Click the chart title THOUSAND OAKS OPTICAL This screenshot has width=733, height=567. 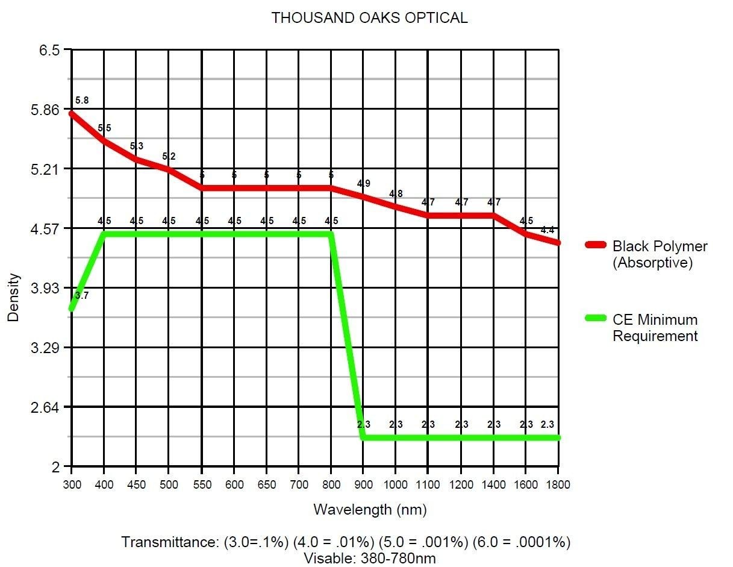[x=369, y=18]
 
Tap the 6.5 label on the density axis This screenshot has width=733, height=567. [x=50, y=50]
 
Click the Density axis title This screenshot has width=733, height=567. [x=13, y=298]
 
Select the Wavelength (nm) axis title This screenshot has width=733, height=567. [x=370, y=510]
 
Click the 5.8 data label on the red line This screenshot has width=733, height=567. [x=82, y=101]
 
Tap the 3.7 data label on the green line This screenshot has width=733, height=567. [x=81, y=296]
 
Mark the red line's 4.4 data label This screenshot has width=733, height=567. [x=547, y=230]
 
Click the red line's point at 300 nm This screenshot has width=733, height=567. [x=72, y=113]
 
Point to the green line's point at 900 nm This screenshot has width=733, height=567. [x=363, y=437]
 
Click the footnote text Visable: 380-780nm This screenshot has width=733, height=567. [x=369, y=558]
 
